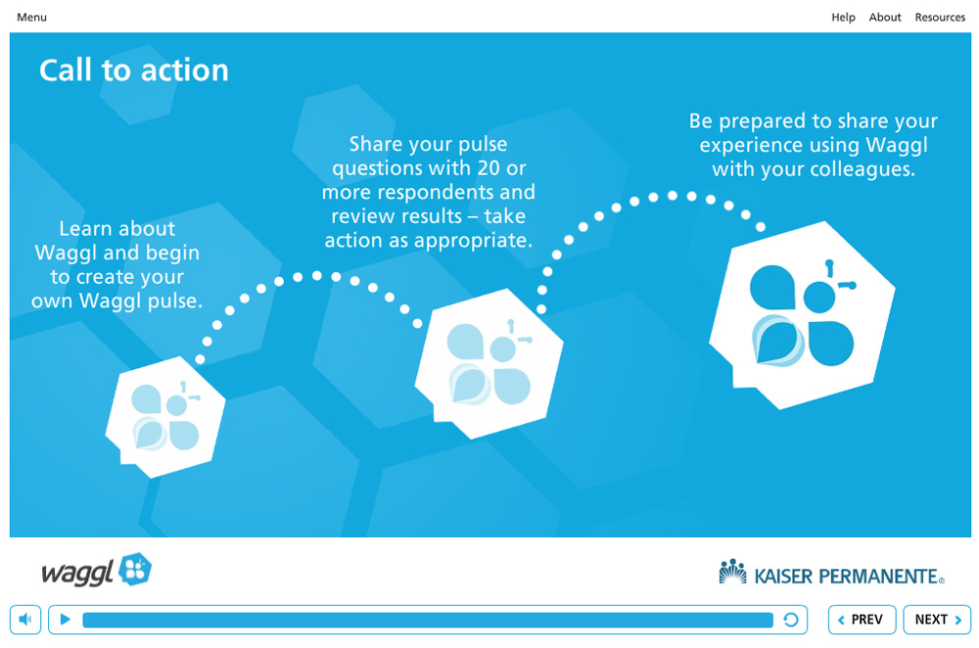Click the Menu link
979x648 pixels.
[x=32, y=18]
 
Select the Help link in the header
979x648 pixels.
[x=843, y=18]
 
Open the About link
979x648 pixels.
[x=885, y=18]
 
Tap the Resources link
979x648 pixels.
[x=940, y=18]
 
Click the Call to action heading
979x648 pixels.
[x=133, y=69]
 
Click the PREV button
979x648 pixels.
[x=862, y=620]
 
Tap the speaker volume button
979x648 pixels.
[x=25, y=620]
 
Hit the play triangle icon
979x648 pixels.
[x=65, y=620]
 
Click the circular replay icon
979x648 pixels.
[x=790, y=620]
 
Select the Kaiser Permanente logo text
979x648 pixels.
[x=848, y=577]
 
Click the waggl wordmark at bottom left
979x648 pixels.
[x=77, y=573]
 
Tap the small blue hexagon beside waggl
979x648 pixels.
[x=135, y=569]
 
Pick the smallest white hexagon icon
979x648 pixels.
[x=165, y=417]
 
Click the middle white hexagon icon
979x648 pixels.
[x=489, y=363]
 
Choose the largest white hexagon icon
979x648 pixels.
[x=802, y=315]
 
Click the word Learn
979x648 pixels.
[x=83, y=228]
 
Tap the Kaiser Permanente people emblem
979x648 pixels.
[x=732, y=572]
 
